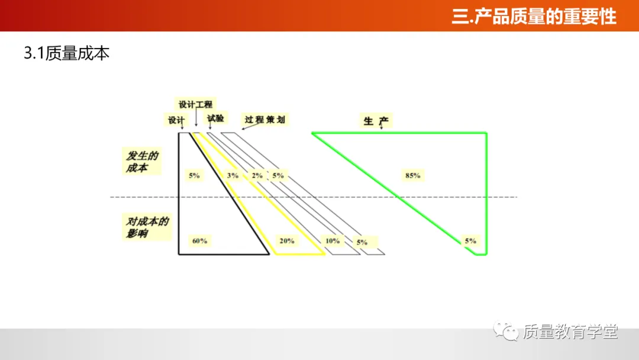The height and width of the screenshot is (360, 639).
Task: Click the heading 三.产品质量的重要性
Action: tap(534, 16)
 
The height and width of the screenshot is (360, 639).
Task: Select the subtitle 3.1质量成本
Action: tap(66, 53)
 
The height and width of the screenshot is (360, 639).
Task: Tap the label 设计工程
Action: tap(195, 104)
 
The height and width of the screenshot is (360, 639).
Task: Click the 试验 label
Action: tap(215, 118)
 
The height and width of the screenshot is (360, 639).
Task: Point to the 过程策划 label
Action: tap(265, 120)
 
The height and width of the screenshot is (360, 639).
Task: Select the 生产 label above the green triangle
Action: tap(376, 121)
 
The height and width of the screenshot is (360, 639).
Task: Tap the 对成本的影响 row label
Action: tap(146, 227)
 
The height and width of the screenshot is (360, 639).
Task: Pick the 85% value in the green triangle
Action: tap(412, 175)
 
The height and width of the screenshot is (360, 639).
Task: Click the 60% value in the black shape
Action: tap(199, 241)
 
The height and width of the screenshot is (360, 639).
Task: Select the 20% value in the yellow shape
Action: tap(287, 241)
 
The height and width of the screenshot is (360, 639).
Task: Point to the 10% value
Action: tap(333, 241)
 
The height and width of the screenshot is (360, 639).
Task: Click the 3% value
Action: tap(233, 175)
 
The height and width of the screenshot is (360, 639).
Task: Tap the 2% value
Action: tap(257, 175)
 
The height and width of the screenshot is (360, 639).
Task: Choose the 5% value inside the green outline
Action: tap(470, 241)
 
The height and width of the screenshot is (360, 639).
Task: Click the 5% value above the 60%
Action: tap(194, 175)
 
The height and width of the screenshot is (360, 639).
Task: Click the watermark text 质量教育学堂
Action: tap(570, 332)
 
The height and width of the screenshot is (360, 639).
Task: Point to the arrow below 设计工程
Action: tap(196, 120)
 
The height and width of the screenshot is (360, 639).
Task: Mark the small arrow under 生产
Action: tap(380, 128)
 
